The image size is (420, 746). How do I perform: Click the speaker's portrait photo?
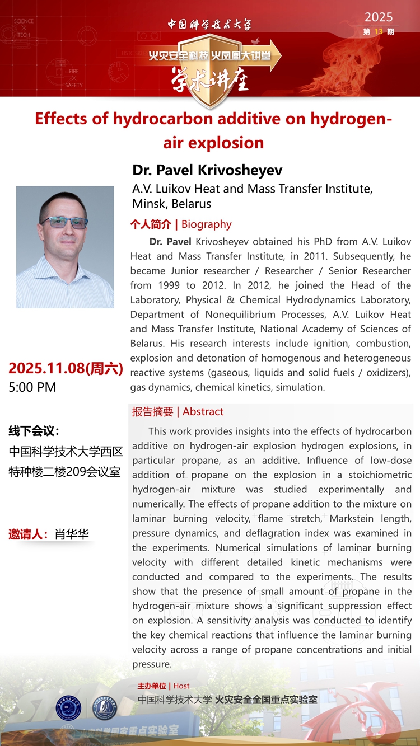pyautogui.click(x=65, y=247)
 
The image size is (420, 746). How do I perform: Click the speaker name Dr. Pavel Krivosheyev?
pyautogui.click(x=207, y=170)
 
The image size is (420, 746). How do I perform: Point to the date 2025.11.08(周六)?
pyautogui.click(x=66, y=368)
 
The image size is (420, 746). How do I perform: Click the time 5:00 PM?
pyautogui.click(x=32, y=387)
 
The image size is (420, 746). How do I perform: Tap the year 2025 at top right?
pyautogui.click(x=379, y=17)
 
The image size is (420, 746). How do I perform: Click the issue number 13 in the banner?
pyautogui.click(x=379, y=32)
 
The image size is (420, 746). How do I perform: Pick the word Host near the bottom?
pyautogui.click(x=181, y=686)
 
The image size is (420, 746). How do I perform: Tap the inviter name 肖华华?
pyautogui.click(x=72, y=534)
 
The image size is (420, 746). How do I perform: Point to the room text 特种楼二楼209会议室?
pyautogui.click(x=65, y=471)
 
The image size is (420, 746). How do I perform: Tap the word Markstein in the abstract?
pyautogui.click(x=360, y=519)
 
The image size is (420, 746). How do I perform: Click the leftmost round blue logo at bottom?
pyautogui.click(x=68, y=707)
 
